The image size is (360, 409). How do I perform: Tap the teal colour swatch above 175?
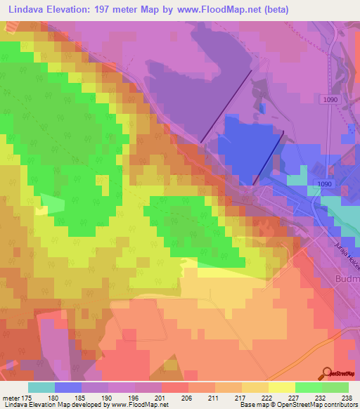(x=41, y=387)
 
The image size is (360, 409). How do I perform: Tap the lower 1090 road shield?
(x=324, y=184)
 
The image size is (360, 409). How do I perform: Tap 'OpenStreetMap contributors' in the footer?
(x=321, y=405)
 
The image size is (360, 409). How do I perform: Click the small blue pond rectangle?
(x=263, y=107)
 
